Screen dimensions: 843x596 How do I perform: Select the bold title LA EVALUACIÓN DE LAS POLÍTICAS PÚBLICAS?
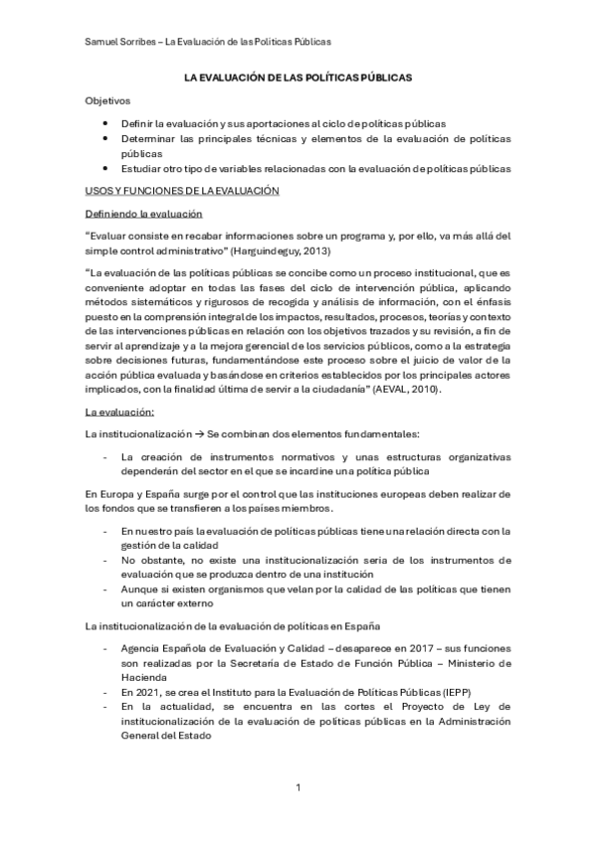click(x=298, y=77)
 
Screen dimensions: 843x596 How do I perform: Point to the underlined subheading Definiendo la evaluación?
click(x=143, y=214)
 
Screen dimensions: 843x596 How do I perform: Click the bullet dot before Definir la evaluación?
click(x=106, y=121)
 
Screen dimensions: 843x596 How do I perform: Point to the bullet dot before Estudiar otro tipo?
click(x=106, y=169)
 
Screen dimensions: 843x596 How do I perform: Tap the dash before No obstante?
click(x=106, y=560)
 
